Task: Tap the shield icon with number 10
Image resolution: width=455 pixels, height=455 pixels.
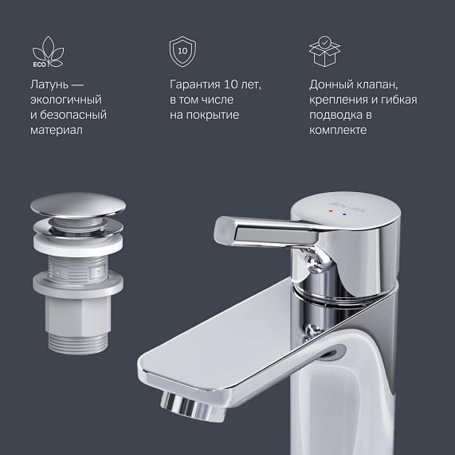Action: pos(182,51)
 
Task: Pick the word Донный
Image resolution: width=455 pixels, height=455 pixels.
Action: pos(332,84)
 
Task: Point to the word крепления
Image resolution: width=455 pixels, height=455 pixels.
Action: pos(342,100)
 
